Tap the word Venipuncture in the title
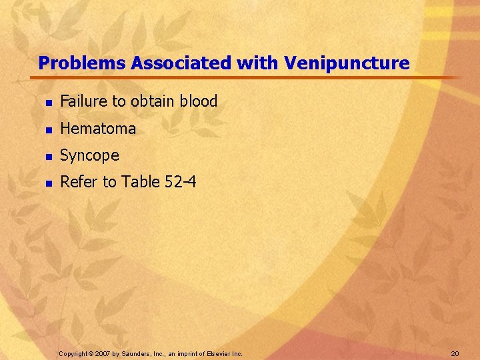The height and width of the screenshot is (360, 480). click(x=347, y=63)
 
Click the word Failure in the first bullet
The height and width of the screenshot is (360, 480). click(x=83, y=101)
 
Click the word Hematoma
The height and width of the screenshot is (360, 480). click(x=98, y=128)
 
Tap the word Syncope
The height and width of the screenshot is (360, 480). click(x=89, y=155)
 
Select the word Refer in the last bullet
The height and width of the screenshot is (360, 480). click(x=77, y=182)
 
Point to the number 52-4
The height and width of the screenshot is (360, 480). click(x=180, y=182)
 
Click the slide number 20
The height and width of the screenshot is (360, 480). click(x=455, y=353)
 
